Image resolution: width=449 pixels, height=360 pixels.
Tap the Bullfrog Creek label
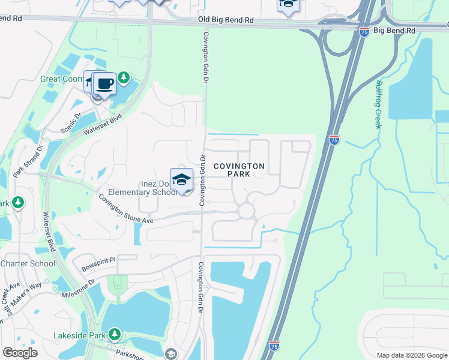(x=378, y=103)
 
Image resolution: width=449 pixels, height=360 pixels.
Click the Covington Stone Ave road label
(x=127, y=211)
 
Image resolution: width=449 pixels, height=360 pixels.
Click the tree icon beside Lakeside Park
(x=113, y=334)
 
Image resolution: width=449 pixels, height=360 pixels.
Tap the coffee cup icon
(x=104, y=84)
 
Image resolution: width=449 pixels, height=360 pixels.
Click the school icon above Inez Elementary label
(x=181, y=179)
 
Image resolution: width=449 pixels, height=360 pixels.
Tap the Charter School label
(x=28, y=263)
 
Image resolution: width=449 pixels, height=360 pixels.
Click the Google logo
(x=20, y=353)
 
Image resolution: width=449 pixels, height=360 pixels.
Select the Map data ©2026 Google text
(x=412, y=355)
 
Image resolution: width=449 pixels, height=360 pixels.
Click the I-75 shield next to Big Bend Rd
(x=364, y=32)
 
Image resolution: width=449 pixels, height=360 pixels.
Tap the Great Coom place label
(x=62, y=79)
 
